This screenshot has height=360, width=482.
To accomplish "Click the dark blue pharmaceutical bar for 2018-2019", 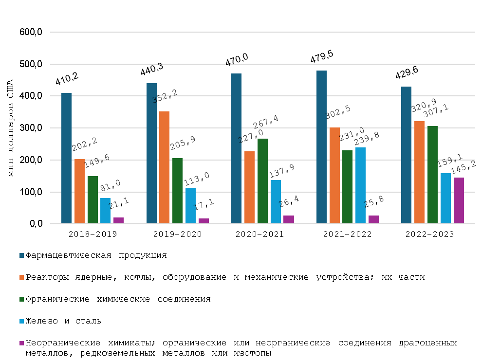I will coord(66,158).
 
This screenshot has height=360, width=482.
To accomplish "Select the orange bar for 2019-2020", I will coord(164,167).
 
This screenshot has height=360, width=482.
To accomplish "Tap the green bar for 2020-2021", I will coord(262,181).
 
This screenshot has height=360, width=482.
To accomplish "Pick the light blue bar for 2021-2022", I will coord(360,185).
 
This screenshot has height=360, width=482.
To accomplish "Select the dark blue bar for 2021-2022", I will coord(321,147).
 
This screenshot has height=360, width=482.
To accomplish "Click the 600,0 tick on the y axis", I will coord(32,33).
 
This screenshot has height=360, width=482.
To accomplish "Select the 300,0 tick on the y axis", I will coord(32,128).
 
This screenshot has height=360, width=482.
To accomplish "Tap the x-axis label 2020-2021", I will coord(260,234).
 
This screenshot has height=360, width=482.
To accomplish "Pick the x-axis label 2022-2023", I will coord(429,234).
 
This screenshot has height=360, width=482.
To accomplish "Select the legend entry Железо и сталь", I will coord(63,321).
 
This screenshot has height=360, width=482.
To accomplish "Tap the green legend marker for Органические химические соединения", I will coord(22,299).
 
